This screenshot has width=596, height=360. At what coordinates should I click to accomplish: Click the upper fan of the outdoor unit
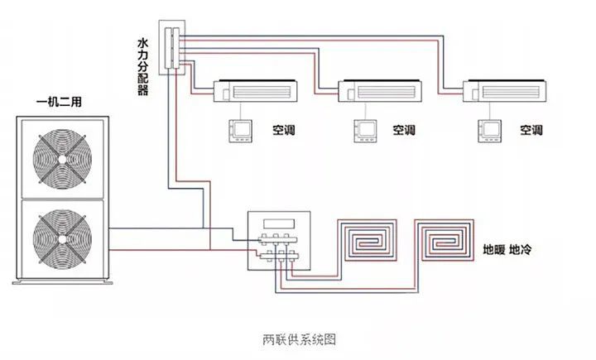click(x=63, y=157)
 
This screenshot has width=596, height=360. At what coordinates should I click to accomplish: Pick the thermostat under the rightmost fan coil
click(x=492, y=129)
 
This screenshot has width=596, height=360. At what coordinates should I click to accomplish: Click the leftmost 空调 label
click(x=284, y=131)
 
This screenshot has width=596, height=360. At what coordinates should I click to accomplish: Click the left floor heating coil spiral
click(x=367, y=241)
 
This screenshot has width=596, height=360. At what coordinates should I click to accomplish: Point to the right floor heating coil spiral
click(x=446, y=241)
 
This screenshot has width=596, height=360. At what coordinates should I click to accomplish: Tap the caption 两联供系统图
click(x=299, y=339)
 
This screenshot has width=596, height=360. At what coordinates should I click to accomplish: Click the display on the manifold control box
click(x=278, y=222)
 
